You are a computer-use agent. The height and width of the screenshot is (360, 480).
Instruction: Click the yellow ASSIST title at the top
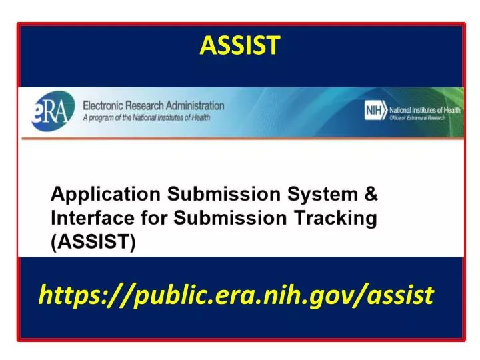click(x=240, y=45)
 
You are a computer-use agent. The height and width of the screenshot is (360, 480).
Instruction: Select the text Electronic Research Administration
click(x=153, y=105)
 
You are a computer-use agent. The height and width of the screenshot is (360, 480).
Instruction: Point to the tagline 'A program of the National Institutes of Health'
click(x=147, y=117)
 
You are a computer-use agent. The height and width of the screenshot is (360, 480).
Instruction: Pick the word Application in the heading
click(x=106, y=195)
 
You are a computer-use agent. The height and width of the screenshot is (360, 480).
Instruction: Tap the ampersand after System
click(x=371, y=195)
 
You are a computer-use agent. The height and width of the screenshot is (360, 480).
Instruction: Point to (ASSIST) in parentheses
click(x=94, y=242)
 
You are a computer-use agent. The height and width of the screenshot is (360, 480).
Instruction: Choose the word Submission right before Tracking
click(x=231, y=218)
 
